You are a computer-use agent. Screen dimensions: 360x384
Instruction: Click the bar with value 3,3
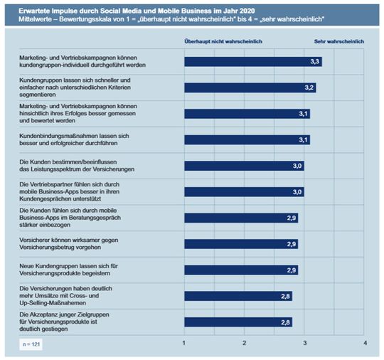coord(252,62)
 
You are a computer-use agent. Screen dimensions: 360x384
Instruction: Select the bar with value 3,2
coord(249,88)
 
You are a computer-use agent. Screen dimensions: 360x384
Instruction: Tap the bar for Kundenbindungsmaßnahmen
coord(246,139)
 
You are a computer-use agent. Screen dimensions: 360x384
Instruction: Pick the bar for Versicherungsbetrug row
coord(240,244)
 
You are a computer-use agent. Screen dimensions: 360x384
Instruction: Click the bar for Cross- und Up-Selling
coord(238,296)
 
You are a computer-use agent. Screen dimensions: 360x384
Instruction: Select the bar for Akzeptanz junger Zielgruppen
coord(238,322)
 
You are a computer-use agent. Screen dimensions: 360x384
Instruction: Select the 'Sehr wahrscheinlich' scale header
coord(338,41)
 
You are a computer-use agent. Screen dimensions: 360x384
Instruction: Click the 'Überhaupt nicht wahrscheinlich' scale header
coord(223,41)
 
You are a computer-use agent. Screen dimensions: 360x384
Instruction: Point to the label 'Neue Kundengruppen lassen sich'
coord(68,265)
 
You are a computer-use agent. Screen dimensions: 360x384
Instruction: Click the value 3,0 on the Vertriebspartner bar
coord(298,192)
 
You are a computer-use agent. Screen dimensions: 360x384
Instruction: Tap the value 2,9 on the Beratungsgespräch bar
coord(292,218)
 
